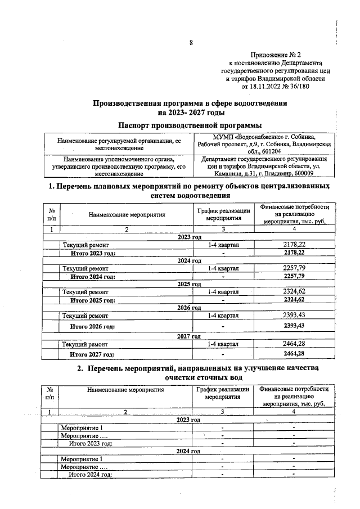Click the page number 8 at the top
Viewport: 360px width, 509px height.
tap(191, 43)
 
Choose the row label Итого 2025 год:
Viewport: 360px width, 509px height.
tap(92, 300)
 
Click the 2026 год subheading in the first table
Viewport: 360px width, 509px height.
tap(190, 308)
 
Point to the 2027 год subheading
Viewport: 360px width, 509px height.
tap(190, 336)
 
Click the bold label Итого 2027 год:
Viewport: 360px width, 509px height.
tap(92, 354)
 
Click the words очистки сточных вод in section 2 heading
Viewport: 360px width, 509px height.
tap(190, 378)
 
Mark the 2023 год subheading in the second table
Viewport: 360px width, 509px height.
tap(190, 420)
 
